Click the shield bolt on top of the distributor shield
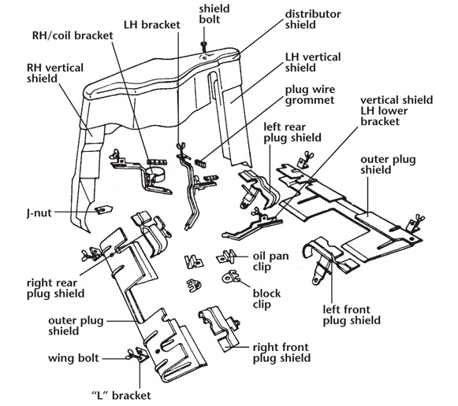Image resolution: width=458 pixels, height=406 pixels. (203, 46)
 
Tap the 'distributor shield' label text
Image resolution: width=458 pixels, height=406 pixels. (313, 19)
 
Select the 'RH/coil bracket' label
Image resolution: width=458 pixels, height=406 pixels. (73, 35)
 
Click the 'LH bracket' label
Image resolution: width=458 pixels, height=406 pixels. (152, 24)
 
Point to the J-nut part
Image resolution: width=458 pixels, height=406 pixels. (104, 209)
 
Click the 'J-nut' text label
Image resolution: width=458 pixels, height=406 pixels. (39, 212)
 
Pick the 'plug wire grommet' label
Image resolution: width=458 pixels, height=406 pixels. (310, 94)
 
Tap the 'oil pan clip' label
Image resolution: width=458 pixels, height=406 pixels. (270, 261)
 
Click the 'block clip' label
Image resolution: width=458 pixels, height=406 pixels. (266, 298)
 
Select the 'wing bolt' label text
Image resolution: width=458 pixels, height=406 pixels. (73, 358)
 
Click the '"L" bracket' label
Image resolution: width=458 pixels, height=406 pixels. (121, 395)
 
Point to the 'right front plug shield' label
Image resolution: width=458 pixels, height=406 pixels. (281, 352)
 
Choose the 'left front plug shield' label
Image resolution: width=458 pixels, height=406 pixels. (352, 315)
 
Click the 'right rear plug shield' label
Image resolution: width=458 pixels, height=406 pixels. (55, 288)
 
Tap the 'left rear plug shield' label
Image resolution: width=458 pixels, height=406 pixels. (292, 132)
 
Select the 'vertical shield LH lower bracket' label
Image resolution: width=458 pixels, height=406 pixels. (397, 111)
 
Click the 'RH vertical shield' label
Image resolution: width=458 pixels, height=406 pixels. (55, 73)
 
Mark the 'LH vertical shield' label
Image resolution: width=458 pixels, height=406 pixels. (313, 62)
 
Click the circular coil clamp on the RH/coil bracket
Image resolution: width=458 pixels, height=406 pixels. (156, 174)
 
